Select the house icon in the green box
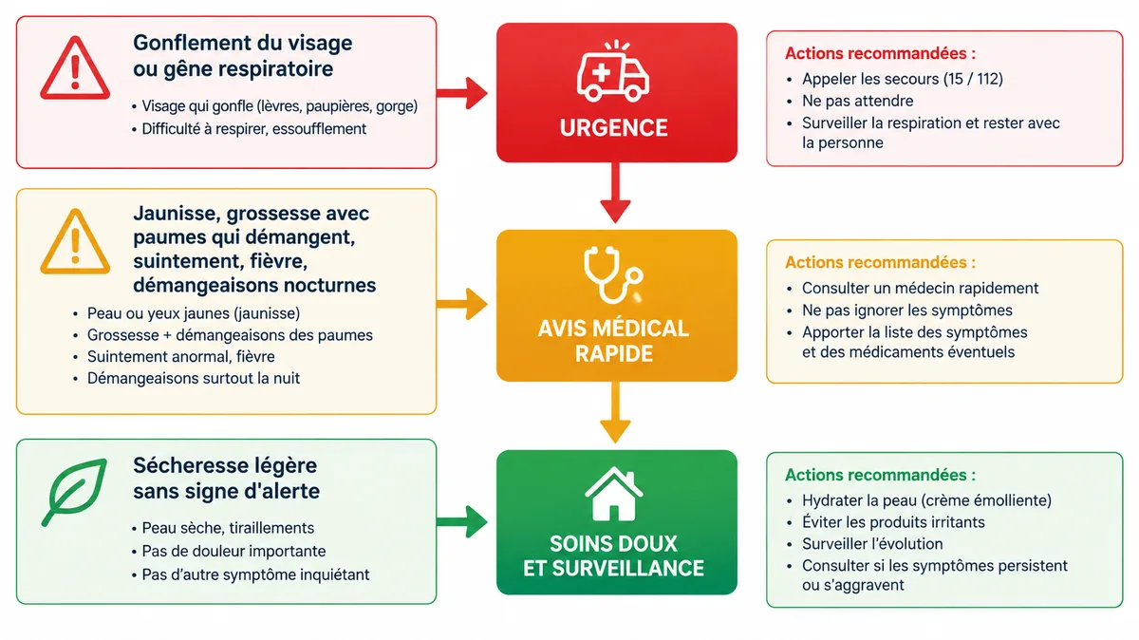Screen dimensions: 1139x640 [614, 494]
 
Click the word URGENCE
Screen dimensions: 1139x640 [614, 127]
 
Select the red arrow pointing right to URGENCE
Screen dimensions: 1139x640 [461, 93]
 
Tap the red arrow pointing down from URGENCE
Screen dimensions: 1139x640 [615, 193]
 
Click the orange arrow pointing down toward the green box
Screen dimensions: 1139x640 [615, 413]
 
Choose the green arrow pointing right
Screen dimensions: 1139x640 [461, 521]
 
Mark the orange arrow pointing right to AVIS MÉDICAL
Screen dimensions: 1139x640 [461, 304]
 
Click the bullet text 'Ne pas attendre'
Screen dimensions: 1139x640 [857, 101]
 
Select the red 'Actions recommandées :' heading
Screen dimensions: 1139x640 [880, 53]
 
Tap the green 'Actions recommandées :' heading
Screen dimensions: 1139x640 [880, 475]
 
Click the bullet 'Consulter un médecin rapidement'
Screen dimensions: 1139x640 [920, 288]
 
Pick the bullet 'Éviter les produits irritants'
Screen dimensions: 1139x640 [893, 522]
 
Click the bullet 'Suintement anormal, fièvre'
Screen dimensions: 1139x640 [180, 357]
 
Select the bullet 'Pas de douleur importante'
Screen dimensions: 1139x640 [233, 551]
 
